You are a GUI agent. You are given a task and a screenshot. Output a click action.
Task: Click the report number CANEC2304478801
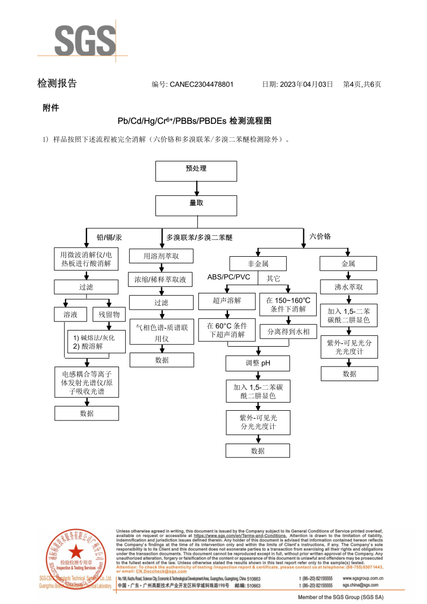(x=201, y=85)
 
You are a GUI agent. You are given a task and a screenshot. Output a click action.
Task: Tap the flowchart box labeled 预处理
(x=196, y=171)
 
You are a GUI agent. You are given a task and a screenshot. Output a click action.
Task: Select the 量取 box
(x=196, y=205)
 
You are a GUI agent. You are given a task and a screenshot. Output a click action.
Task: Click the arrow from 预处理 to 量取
(x=197, y=188)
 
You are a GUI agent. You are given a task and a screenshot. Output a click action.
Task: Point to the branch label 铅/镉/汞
(x=109, y=237)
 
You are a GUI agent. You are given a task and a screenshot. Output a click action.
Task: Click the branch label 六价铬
(x=320, y=236)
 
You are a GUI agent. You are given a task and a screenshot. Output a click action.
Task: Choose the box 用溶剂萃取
(x=161, y=256)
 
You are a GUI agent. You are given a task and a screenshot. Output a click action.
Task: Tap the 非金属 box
(x=258, y=264)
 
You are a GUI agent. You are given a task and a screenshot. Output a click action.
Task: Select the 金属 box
(x=348, y=264)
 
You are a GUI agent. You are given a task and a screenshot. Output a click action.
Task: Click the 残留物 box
(x=109, y=314)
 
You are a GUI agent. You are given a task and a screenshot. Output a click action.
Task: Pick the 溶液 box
(x=70, y=314)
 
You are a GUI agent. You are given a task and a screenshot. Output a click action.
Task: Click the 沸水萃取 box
(x=348, y=287)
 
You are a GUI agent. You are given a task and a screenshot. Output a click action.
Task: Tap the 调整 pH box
(x=258, y=363)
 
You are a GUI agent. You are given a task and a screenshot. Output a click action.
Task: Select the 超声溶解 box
(x=226, y=301)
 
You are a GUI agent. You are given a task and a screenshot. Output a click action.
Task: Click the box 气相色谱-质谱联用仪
(x=161, y=333)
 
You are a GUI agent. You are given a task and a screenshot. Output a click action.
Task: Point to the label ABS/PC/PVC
(x=229, y=277)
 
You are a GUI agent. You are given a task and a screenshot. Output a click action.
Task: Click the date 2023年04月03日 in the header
(x=307, y=85)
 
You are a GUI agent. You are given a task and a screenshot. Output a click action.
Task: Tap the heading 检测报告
(x=57, y=83)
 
